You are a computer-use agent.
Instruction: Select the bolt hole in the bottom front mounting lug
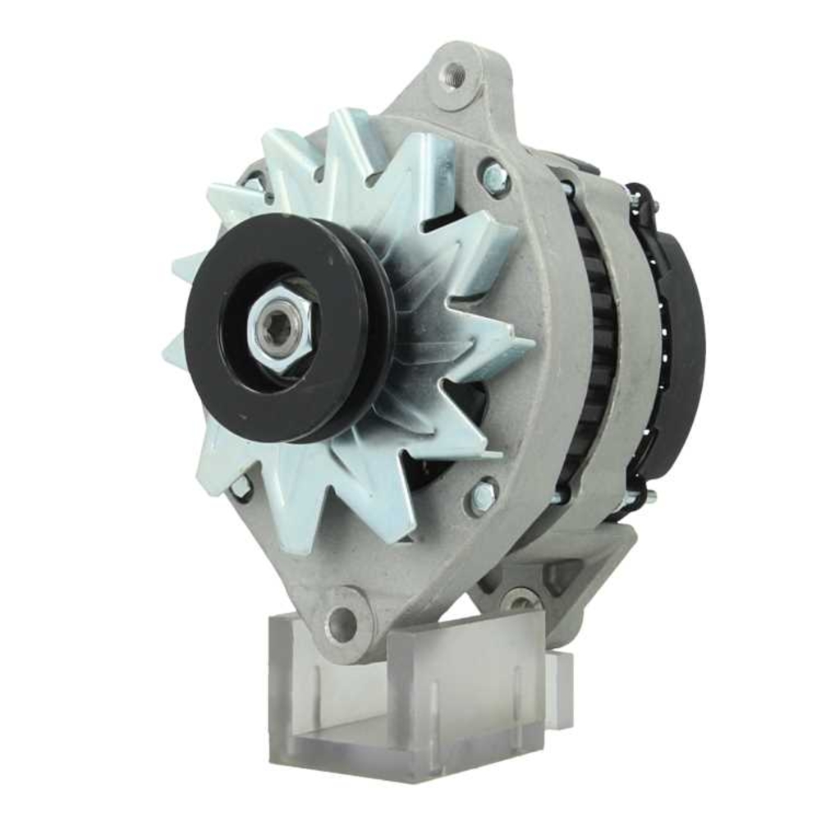[x=342, y=625]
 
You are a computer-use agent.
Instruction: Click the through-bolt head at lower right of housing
[x=482, y=495]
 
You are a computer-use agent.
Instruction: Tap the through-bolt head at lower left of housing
[x=241, y=486]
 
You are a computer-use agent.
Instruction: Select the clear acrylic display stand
[x=410, y=698]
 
